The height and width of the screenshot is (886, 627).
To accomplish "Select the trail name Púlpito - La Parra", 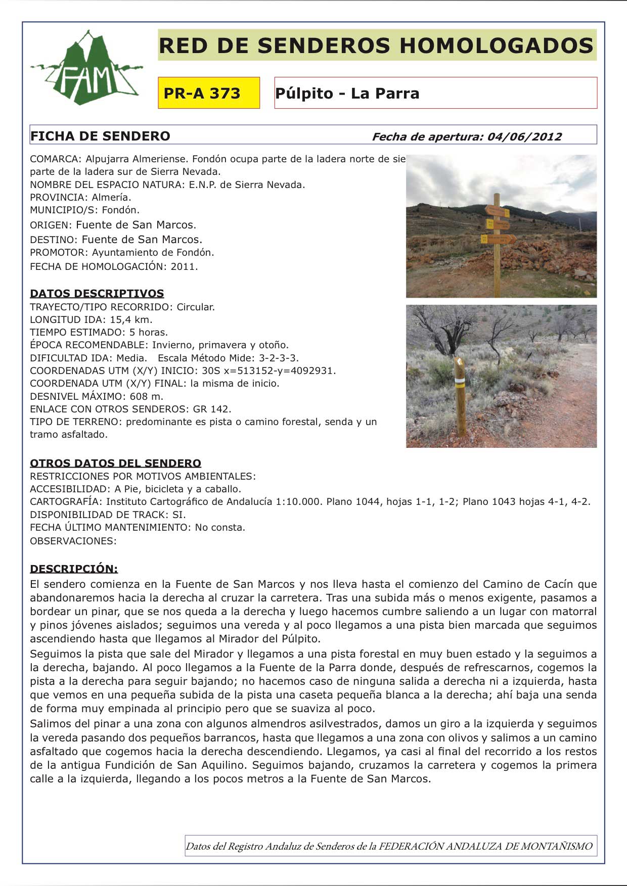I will coord(347,94).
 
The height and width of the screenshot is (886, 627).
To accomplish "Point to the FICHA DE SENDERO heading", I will coord(100,136).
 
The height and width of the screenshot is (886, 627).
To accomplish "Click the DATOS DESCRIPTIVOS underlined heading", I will coord(97,294).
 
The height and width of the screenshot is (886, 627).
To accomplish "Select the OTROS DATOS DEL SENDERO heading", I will coord(115,463).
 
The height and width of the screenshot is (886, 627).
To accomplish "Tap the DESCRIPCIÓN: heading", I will coord(74,569).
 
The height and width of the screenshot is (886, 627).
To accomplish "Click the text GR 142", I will coord(212,409).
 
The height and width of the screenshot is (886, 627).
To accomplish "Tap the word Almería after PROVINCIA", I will coord(111,197).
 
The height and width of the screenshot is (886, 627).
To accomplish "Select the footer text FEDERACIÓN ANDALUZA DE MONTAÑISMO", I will coord(485,846).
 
